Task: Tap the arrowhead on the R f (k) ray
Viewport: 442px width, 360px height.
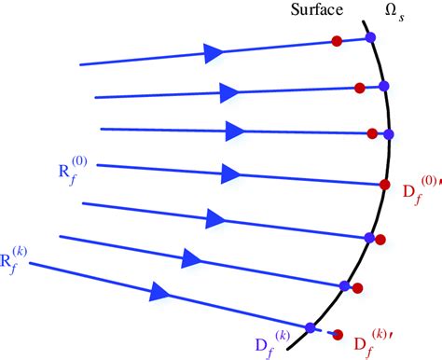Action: tap(159, 294)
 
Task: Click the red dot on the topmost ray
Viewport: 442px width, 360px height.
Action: tap(337, 41)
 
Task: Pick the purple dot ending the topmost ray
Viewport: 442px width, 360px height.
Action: tap(370, 37)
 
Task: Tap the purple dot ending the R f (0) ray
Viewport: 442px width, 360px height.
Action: tap(385, 184)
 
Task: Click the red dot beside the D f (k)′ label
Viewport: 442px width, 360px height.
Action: tap(337, 335)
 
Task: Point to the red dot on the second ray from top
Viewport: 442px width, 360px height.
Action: tap(359, 89)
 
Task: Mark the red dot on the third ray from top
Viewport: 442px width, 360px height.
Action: tap(372, 132)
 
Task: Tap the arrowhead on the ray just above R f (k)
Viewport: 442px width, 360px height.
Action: tap(193, 256)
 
